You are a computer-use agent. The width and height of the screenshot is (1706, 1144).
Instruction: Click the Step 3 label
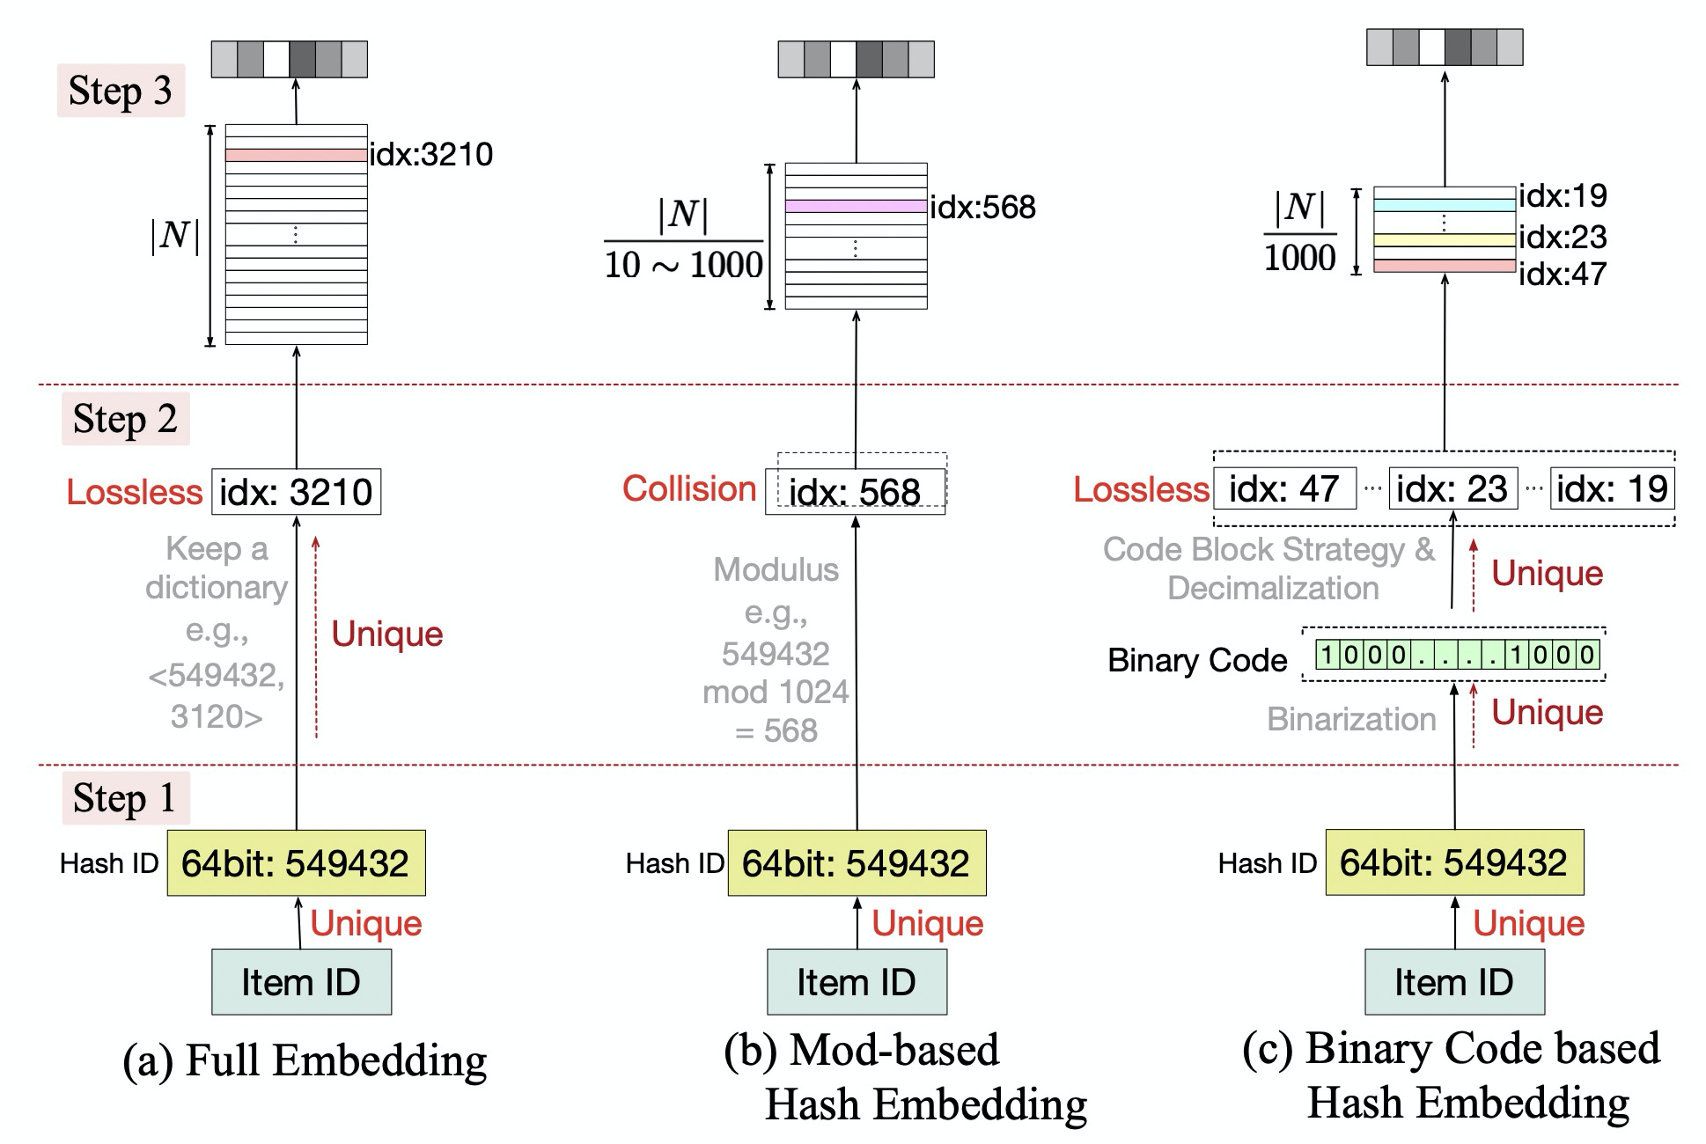click(x=121, y=91)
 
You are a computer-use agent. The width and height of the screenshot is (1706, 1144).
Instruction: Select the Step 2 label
click(x=125, y=419)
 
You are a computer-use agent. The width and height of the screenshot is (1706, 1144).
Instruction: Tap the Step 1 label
click(x=124, y=798)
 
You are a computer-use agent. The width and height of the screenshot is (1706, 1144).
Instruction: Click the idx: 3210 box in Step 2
click(x=296, y=491)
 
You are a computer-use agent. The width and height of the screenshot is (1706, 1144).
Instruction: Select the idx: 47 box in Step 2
click(x=1284, y=489)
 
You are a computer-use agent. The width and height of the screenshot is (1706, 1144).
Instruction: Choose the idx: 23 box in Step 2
click(x=1452, y=489)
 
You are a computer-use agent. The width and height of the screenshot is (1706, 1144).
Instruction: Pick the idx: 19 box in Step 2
click(x=1611, y=489)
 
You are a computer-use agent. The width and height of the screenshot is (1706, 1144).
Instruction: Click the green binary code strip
click(x=1457, y=655)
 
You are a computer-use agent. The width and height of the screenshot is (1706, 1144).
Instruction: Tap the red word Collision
click(x=689, y=488)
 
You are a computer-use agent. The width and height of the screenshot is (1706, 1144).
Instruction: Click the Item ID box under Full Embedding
click(x=301, y=982)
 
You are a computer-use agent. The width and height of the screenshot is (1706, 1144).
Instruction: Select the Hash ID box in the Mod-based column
click(x=857, y=863)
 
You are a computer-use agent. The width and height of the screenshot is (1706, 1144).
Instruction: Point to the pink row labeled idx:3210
click(x=296, y=155)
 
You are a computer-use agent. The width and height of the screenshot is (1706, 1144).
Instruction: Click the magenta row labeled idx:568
click(x=856, y=206)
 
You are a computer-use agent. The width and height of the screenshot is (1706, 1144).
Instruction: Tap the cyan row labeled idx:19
click(x=1444, y=205)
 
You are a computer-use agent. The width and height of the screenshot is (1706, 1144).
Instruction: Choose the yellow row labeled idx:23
click(x=1444, y=239)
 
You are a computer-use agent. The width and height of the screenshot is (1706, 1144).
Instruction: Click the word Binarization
click(x=1351, y=719)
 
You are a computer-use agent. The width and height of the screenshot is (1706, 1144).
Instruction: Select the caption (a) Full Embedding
click(x=305, y=1060)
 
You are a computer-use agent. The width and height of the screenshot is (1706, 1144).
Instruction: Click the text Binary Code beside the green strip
click(x=1197, y=660)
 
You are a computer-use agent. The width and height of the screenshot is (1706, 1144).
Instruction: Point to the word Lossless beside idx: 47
click(x=1141, y=489)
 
